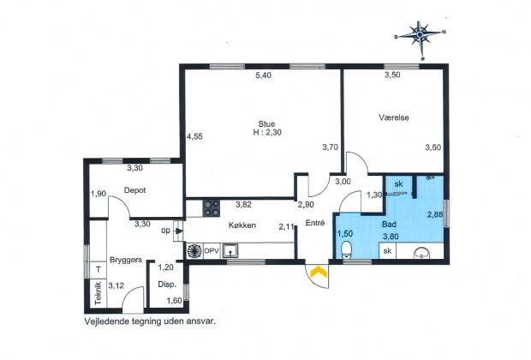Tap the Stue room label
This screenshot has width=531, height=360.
(266, 123)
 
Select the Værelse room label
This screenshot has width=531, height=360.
(394, 117)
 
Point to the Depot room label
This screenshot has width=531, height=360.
(134, 190)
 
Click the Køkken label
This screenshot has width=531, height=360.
(242, 225)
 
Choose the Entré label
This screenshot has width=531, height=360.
(315, 223)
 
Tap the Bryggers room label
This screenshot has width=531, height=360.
(126, 260)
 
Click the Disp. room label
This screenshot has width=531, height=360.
(167, 285)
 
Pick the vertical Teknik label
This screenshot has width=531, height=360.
(98, 293)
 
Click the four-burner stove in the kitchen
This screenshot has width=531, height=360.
(212, 208)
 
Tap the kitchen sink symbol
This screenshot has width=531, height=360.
(230, 251)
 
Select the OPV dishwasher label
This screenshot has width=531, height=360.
(212, 251)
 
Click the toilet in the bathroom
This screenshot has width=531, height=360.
(347, 249)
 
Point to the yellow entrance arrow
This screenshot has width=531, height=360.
(319, 272)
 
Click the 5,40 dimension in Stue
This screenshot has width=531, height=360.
(264, 75)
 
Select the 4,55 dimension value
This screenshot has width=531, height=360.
(194, 136)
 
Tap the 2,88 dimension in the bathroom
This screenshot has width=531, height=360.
(435, 214)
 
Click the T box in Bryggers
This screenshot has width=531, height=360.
(98, 270)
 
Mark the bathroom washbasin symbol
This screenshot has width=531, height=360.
(422, 253)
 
